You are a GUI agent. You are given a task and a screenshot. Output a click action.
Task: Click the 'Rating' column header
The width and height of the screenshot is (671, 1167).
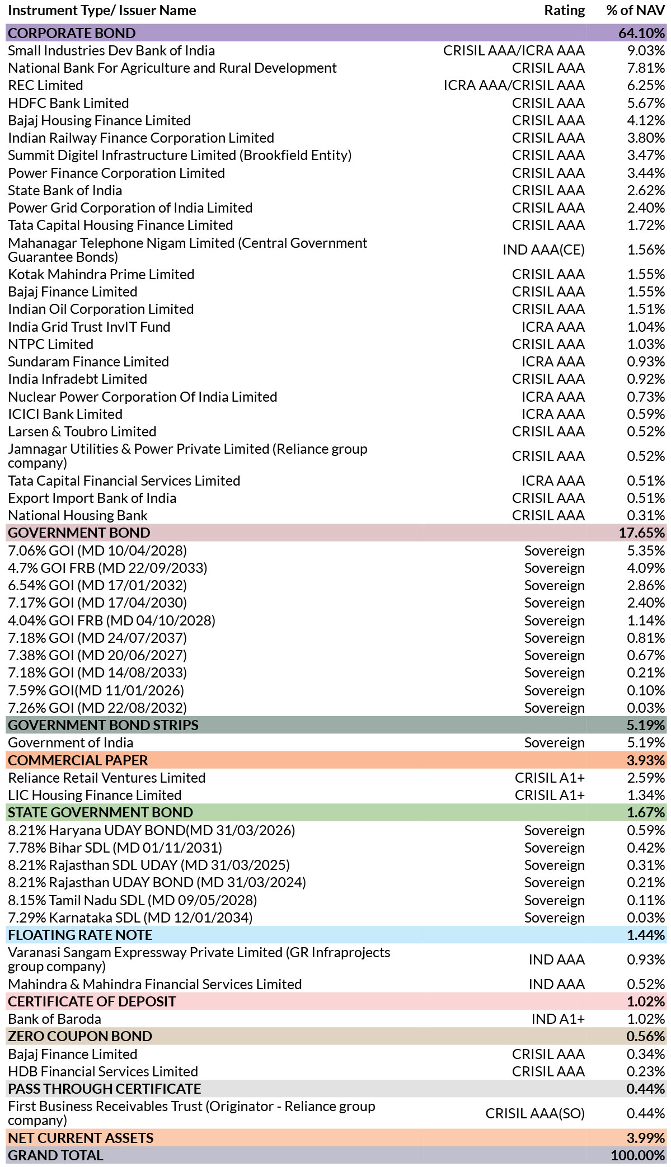pyautogui.click(x=564, y=11)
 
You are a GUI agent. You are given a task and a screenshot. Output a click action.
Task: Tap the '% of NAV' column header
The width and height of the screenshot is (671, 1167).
pyautogui.click(x=636, y=11)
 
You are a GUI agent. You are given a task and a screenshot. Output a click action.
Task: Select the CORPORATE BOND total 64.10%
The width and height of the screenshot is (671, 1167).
pyautogui.click(x=641, y=33)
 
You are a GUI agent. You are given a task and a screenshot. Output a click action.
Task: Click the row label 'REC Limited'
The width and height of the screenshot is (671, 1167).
pyautogui.click(x=45, y=86)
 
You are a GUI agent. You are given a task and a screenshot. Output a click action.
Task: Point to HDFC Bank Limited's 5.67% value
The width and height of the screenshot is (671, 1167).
pyautogui.click(x=646, y=103)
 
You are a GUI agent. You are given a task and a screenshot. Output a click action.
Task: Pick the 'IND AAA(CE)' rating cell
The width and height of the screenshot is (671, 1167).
pyautogui.click(x=543, y=250)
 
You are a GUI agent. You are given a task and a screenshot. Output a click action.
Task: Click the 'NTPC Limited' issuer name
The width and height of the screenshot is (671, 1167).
pyautogui.click(x=50, y=344)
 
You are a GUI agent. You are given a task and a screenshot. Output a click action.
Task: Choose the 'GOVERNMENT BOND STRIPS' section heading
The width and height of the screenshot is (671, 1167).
pyautogui.click(x=103, y=725)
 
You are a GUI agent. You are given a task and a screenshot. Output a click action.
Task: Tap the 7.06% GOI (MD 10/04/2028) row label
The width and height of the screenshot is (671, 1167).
pyautogui.click(x=97, y=550)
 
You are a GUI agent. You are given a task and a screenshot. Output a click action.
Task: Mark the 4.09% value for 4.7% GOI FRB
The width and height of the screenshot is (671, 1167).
pyautogui.click(x=646, y=568)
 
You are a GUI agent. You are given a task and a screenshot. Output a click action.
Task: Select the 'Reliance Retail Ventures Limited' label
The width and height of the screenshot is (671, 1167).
pyautogui.click(x=106, y=778)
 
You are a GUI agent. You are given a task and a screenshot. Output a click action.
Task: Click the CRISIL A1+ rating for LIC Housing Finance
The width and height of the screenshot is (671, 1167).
pyautogui.click(x=550, y=795)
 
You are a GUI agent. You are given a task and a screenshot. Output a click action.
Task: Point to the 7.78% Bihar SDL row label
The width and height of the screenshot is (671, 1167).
pyautogui.click(x=115, y=848)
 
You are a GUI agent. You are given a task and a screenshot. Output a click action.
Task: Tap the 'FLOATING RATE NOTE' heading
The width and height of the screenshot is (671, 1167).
pyautogui.click(x=80, y=935)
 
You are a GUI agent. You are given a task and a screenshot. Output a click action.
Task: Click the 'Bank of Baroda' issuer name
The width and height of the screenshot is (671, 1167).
pyautogui.click(x=54, y=1019)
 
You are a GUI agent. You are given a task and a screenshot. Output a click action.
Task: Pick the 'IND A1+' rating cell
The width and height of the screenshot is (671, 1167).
pyautogui.click(x=558, y=1019)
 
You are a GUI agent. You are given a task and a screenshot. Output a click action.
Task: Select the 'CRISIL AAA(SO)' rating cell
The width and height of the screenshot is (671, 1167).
pyautogui.click(x=535, y=1113)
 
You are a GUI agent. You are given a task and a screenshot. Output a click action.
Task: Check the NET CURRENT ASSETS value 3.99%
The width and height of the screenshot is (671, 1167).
pyautogui.click(x=646, y=1138)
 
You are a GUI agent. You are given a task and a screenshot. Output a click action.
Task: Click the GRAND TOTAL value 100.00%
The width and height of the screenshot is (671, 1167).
pyautogui.click(x=638, y=1155)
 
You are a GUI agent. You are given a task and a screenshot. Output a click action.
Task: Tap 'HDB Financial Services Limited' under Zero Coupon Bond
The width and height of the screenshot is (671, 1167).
pyautogui.click(x=103, y=1071)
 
